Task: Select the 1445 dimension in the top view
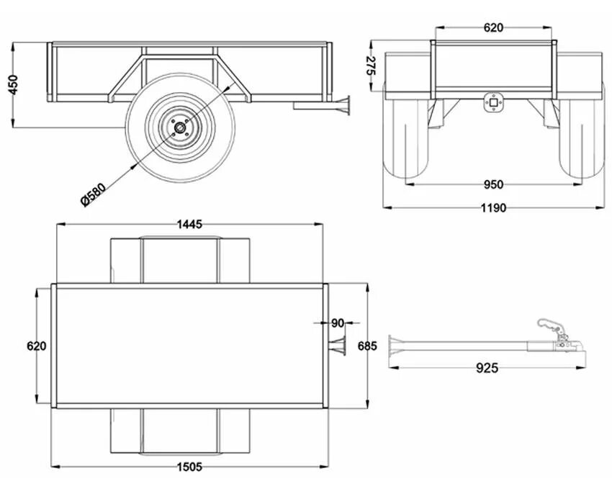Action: tap(189, 224)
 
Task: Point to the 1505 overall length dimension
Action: tap(189, 467)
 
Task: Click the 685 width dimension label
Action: tap(366, 346)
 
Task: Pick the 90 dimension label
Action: tap(338, 323)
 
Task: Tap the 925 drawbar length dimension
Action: tap(487, 368)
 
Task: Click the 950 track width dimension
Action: tap(493, 185)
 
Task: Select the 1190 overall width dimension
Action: tap(493, 208)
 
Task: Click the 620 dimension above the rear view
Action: tap(493, 28)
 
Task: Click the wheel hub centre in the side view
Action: tap(179, 129)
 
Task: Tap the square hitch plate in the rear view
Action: tap(493, 103)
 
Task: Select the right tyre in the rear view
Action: tap(581, 140)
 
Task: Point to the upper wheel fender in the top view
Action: tap(179, 259)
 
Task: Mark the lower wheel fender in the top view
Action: tap(179, 432)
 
